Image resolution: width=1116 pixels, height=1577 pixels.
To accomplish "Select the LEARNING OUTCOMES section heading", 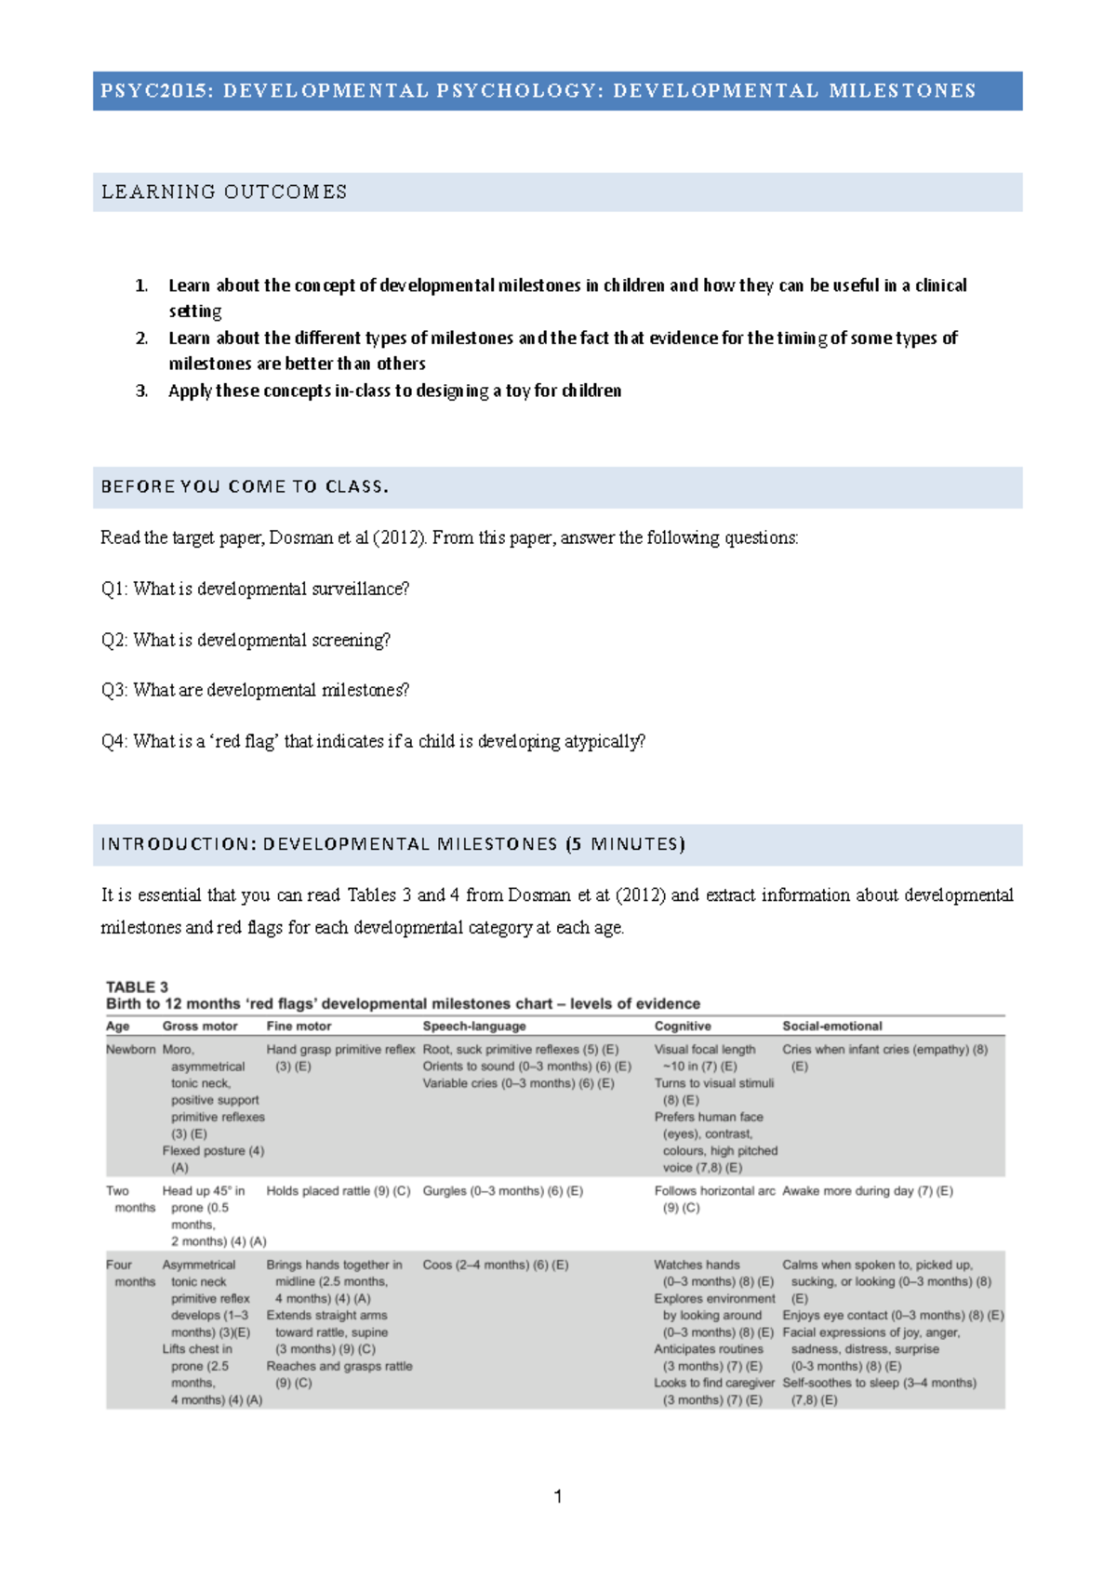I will [x=224, y=192].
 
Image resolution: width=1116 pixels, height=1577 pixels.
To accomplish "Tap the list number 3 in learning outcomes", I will [x=141, y=391].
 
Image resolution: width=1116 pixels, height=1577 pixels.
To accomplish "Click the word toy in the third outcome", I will [x=517, y=391].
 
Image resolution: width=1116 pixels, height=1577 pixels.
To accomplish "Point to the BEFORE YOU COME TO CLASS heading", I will [x=245, y=487].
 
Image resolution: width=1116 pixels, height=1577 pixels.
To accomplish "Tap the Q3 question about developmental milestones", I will [x=255, y=690].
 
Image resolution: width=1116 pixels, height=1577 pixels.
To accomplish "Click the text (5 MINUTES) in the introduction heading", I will [x=625, y=844].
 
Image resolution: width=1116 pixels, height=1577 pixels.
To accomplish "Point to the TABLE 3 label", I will [x=137, y=987].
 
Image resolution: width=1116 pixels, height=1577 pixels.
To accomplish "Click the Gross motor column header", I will [x=200, y=1026].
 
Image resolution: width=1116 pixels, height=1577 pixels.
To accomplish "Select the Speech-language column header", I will [x=474, y=1026].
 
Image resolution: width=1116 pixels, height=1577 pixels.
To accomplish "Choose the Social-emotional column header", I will [x=832, y=1026].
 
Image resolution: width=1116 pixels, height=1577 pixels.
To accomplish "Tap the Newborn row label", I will [x=131, y=1049].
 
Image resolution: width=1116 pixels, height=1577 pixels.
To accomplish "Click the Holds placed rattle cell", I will [x=338, y=1190].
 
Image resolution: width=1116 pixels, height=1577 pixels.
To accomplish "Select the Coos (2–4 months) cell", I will [x=495, y=1265].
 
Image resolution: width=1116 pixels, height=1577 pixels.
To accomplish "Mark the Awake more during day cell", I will [x=867, y=1190].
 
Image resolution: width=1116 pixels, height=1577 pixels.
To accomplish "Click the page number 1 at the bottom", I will [x=558, y=1496].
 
